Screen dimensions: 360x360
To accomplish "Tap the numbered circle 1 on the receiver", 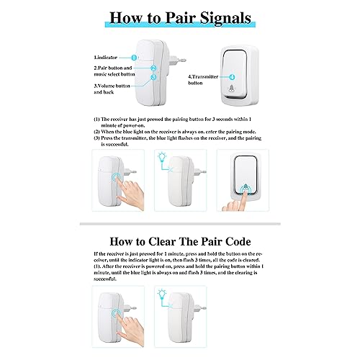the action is tap(134, 58).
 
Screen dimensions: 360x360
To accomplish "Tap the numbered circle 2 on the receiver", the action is tap(153, 68).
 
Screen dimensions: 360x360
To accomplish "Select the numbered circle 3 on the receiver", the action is tap(153, 77).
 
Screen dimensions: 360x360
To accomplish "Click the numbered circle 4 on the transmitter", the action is tap(232, 77).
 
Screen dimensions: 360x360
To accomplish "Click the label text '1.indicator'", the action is tap(105, 58).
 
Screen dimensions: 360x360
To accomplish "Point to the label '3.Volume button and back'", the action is tap(112, 89).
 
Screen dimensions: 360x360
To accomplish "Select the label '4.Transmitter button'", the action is tap(203, 80).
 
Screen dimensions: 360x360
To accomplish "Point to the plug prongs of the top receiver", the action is tap(177, 60).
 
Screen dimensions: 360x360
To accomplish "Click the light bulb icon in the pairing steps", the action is tap(162, 157).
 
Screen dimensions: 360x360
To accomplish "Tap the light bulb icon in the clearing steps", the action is tap(162, 294).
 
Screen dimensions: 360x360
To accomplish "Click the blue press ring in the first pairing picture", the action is tap(117, 178).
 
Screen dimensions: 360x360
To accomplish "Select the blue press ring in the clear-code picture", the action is tap(117, 314).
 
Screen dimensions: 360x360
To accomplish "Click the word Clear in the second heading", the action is tap(162, 241).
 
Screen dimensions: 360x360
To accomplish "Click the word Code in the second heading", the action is tap(238, 241).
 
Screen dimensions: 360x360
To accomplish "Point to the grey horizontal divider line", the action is tap(180, 224).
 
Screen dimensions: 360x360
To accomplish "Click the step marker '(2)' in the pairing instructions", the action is tap(96, 132).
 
